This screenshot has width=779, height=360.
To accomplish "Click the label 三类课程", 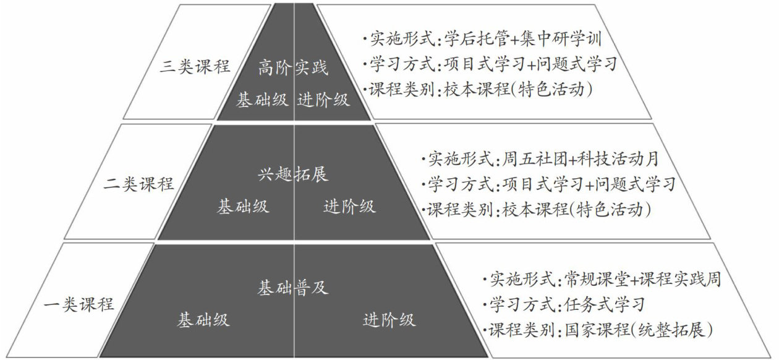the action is click(x=195, y=67).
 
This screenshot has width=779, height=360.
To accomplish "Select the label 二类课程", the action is click(x=139, y=184).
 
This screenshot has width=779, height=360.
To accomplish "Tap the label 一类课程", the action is click(x=80, y=304).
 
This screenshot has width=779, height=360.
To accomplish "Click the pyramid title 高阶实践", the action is click(x=294, y=67).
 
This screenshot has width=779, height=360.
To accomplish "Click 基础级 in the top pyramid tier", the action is click(x=262, y=100).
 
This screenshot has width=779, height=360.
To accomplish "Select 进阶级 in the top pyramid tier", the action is click(x=323, y=100).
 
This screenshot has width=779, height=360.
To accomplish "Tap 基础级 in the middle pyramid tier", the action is click(x=243, y=207).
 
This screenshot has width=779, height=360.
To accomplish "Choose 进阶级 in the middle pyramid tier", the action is click(x=349, y=207).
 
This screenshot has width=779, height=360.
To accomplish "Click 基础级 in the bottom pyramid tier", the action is click(x=203, y=320).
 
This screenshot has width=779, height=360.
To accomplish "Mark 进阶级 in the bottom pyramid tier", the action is click(x=389, y=320).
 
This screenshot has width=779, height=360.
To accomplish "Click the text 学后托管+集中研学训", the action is click(x=523, y=40).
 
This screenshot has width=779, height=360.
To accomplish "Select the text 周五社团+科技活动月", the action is click(x=581, y=159).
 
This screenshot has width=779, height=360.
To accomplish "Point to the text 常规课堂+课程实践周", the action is click(x=643, y=280).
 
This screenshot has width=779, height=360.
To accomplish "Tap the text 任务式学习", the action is click(x=605, y=304).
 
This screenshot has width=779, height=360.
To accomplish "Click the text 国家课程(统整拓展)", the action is click(x=639, y=330).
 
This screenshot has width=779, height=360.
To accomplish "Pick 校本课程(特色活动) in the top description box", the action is click(x=519, y=89).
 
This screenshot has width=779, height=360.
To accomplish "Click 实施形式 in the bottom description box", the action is click(x=521, y=280).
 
